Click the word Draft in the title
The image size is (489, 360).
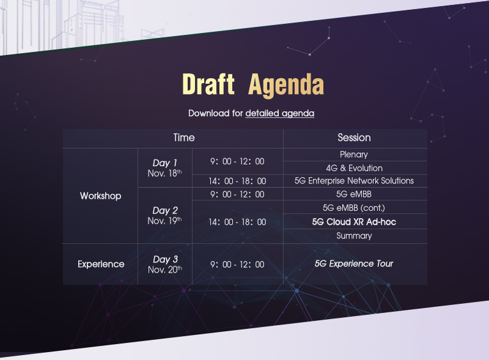coord(208,84)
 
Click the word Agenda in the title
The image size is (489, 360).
coord(286,86)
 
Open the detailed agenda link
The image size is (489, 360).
coord(280,113)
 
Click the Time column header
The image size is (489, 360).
coord(184,138)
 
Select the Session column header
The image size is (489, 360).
coord(355,138)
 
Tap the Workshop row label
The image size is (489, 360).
coord(100,196)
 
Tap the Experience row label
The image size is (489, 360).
coord(101,264)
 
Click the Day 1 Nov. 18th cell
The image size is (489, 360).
coord(164,168)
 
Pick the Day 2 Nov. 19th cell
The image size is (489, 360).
coord(164,215)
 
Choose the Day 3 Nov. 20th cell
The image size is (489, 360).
coord(165,264)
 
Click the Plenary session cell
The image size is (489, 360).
coord(354,155)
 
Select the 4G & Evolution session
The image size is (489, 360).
coord(355,168)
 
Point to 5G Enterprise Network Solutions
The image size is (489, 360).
coord(355,181)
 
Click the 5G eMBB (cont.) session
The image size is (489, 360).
coord(354,208)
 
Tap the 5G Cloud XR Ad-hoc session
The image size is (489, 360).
coord(355,222)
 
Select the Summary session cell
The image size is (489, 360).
coord(355,236)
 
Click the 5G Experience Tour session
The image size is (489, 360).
coord(354,263)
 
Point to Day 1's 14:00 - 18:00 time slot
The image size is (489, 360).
coord(237,181)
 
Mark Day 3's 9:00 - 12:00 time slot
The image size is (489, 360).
coord(237,265)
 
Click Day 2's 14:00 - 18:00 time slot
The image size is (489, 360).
coord(237,222)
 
